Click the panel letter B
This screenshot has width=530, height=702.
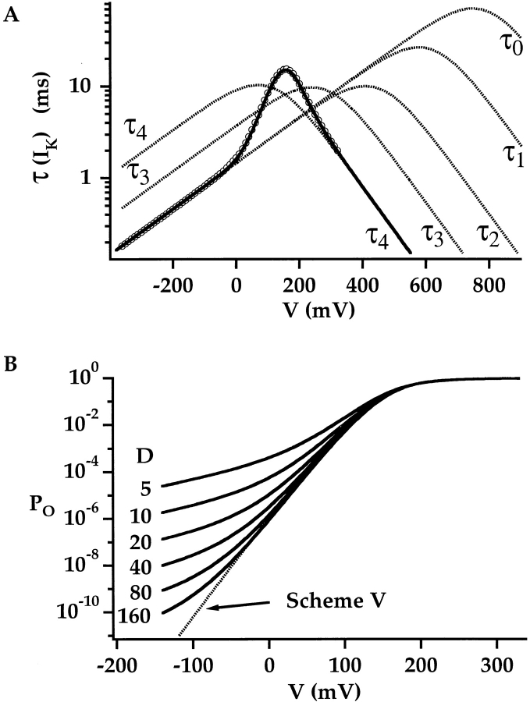(10, 363)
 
